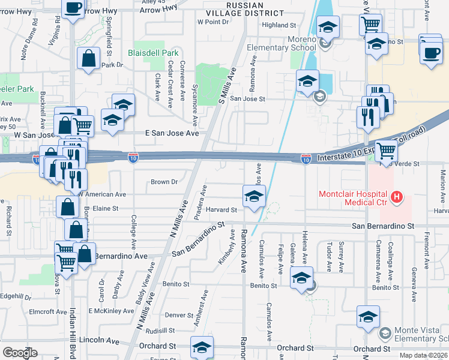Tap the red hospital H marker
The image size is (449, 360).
tap(396, 196)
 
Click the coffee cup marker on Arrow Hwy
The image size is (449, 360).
tap(73, 8)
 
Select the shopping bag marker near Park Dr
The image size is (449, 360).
tap(89, 58)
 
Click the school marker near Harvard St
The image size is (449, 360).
tap(254, 196)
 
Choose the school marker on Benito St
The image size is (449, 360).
tap(301, 278)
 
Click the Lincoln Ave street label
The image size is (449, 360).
tap(100, 340)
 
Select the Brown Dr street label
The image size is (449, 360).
tap(164, 181)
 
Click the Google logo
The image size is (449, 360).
tap(20, 353)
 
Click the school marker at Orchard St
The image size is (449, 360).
tap(202, 346)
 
